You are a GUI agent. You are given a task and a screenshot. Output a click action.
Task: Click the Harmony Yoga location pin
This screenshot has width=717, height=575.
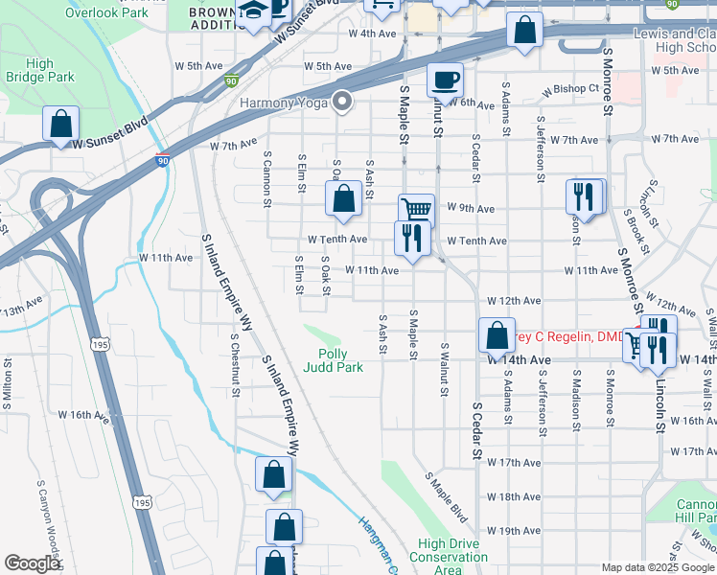343,103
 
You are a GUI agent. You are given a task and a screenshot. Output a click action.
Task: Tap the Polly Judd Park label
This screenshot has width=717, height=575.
333,359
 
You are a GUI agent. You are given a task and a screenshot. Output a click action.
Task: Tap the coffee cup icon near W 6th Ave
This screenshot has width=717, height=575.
444,80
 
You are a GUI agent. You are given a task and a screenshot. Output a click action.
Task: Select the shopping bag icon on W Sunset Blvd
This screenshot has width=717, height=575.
61,125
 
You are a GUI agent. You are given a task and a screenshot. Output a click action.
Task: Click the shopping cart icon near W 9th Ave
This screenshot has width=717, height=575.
416,209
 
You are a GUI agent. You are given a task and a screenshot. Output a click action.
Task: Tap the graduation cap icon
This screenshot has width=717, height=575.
254,12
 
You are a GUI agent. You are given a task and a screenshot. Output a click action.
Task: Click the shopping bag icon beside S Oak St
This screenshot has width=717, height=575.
343,199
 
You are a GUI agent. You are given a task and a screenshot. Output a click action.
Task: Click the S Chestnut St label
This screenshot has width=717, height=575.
235,364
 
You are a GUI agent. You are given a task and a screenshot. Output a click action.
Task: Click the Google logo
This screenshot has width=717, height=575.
32,563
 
